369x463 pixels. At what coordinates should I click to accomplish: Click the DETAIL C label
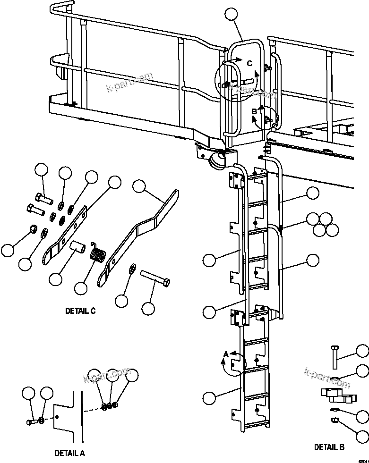coord(80,311)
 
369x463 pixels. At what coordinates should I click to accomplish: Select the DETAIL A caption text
coord(69,453)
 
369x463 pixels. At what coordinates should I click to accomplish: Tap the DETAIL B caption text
coord(329,447)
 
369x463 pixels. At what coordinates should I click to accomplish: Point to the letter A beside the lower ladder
coord(226,354)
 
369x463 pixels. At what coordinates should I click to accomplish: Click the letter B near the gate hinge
coord(254,111)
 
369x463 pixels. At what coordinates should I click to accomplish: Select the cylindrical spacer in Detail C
coord(77,246)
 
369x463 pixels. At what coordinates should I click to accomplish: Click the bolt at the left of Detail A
coord(31,421)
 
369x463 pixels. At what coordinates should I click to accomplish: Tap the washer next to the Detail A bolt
coord(42,420)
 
